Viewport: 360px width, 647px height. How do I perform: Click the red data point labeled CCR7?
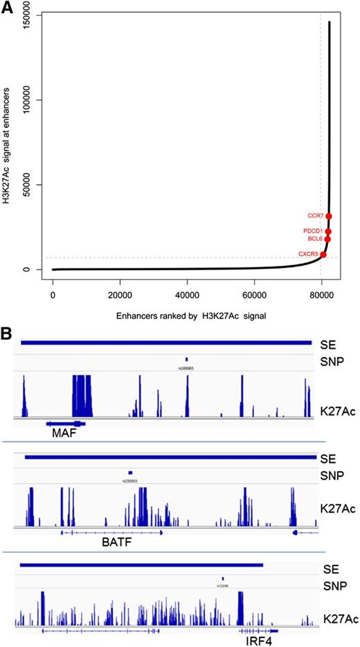(329, 217)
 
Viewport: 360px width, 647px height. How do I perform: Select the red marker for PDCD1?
(328, 231)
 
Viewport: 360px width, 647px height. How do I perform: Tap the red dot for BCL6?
(327, 239)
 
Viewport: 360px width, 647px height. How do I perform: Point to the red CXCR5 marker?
(323, 255)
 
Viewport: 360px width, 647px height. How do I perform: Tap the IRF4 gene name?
(260, 641)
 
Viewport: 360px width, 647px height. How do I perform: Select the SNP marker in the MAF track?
(187, 359)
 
